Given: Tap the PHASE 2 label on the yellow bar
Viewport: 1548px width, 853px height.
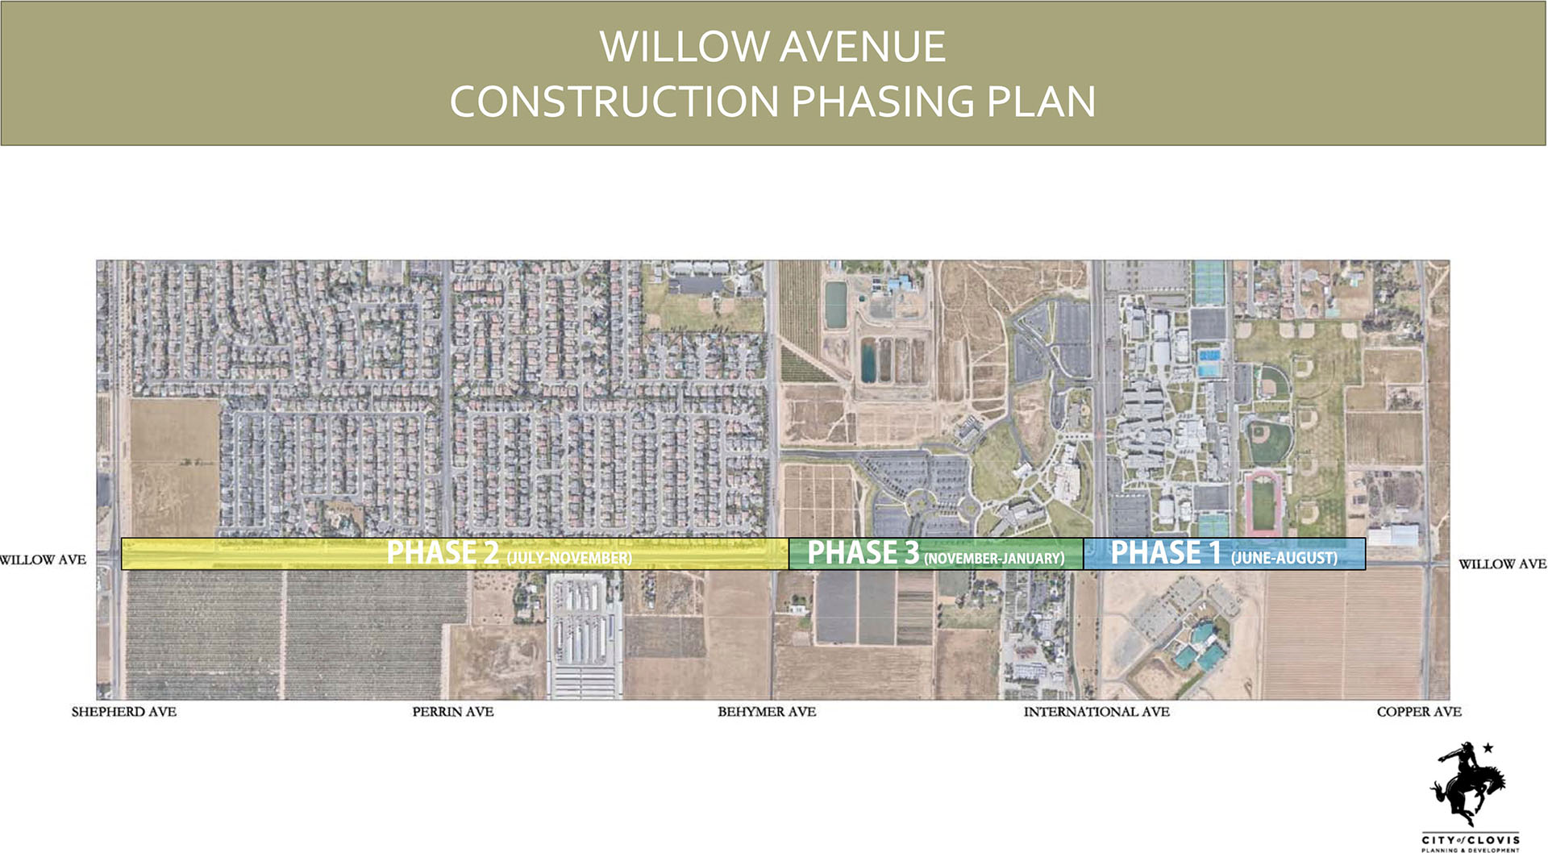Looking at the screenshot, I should pyautogui.click(x=443, y=553).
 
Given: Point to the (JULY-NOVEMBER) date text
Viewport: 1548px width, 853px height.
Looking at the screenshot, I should pyautogui.click(x=569, y=558).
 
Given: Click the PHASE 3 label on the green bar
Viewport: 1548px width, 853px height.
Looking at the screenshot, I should pyautogui.click(x=863, y=553).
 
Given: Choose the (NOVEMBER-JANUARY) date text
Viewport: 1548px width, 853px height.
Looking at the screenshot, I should pyautogui.click(x=994, y=558).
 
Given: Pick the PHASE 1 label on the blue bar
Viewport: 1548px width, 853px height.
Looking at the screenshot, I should pyautogui.click(x=1166, y=553).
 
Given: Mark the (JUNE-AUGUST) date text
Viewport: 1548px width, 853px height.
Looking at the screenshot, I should pyautogui.click(x=1284, y=558).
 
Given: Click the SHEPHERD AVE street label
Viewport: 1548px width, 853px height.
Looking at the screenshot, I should pyautogui.click(x=123, y=712).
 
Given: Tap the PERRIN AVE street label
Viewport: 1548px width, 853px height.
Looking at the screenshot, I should pyautogui.click(x=452, y=712).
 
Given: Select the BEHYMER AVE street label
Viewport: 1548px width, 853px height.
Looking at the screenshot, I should pyautogui.click(x=767, y=712).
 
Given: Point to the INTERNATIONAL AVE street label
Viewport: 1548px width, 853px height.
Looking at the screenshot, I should pyautogui.click(x=1096, y=712).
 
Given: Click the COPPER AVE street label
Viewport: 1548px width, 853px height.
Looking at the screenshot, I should pyautogui.click(x=1419, y=712).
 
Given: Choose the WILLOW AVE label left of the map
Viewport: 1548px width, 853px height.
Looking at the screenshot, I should pyautogui.click(x=43, y=560).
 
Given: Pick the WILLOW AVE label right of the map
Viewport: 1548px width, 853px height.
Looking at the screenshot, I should pyautogui.click(x=1502, y=564).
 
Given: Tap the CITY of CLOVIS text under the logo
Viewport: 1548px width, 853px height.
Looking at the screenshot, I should pyautogui.click(x=1471, y=839).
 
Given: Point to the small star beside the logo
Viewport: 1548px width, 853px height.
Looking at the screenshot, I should pyautogui.click(x=1488, y=748).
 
